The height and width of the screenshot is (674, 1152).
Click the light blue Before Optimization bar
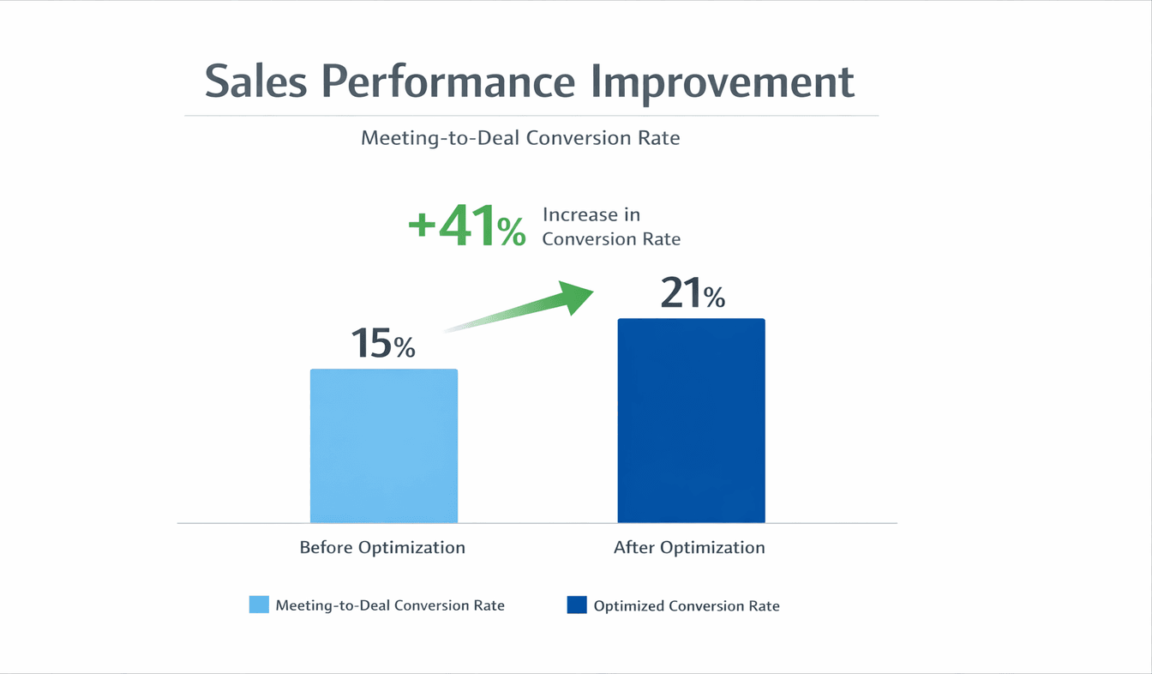click(384, 446)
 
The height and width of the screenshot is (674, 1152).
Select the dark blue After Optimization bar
click(691, 420)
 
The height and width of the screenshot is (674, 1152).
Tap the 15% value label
click(383, 343)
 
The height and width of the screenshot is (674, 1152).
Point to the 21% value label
click(693, 292)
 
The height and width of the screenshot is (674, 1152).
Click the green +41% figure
click(467, 226)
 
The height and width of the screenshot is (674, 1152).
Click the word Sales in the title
click(256, 81)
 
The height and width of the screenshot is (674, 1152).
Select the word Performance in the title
click(448, 81)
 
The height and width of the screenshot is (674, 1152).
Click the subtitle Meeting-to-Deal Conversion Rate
click(520, 138)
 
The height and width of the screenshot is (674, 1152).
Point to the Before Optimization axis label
click(382, 547)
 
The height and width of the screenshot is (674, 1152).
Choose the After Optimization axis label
click(689, 547)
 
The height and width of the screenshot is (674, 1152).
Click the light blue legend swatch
click(259, 605)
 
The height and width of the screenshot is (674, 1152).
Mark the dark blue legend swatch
click(577, 605)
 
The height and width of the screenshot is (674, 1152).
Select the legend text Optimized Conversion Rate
click(687, 606)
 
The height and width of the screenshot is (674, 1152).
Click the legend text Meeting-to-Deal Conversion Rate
click(390, 605)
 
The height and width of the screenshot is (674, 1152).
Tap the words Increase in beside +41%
click(591, 214)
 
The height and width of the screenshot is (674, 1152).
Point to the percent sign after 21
click(714, 298)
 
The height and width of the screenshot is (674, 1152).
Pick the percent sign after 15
click(405, 347)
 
